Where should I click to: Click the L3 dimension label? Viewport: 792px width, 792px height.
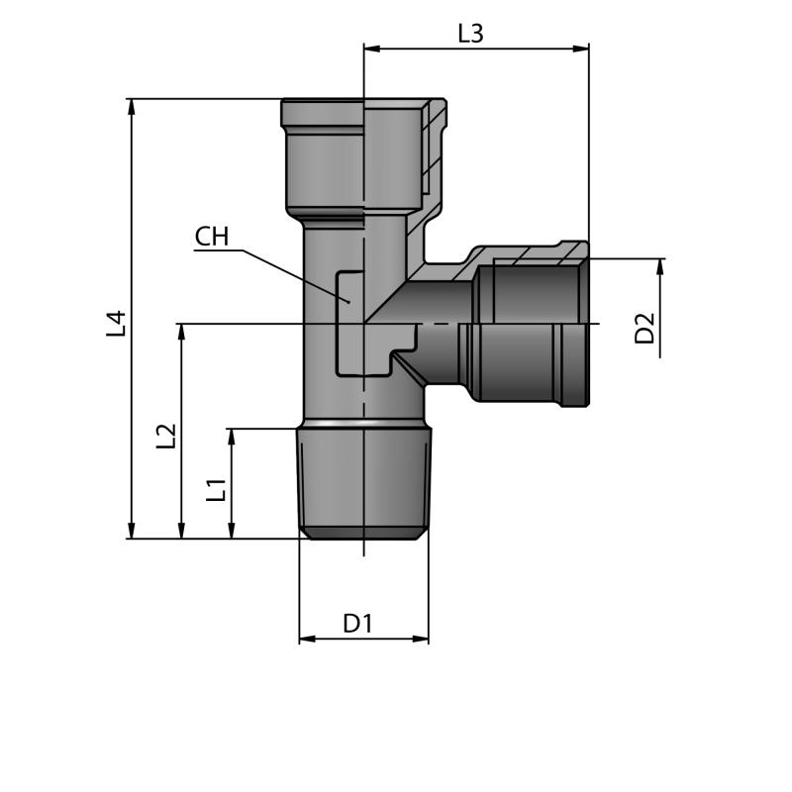coord(470,34)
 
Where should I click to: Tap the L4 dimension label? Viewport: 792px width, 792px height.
coord(116,324)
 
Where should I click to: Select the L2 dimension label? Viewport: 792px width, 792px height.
coord(165,436)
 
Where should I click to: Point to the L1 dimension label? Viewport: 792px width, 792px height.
coord(216,490)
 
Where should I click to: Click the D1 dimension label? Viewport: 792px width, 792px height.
coord(357,624)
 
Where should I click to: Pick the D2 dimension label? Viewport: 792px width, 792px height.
coord(644,329)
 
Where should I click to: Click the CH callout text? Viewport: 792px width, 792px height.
coord(212,237)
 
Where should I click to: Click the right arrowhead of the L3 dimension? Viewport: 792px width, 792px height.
coord(581,49)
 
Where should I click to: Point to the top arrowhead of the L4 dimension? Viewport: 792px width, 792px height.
coord(132,107)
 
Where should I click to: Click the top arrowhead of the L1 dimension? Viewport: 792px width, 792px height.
coord(232,437)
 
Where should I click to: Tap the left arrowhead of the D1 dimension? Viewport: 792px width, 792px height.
coord(307,639)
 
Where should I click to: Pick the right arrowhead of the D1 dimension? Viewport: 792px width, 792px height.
coord(420,639)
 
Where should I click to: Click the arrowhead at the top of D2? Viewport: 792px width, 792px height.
coord(660,266)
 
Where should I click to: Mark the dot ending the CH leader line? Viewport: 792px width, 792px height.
coord(348,302)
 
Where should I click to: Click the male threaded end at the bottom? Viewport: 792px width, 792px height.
coord(363,483)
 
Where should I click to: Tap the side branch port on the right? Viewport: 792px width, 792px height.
coord(530,324)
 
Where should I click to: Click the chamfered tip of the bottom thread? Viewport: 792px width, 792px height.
coord(363,533)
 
